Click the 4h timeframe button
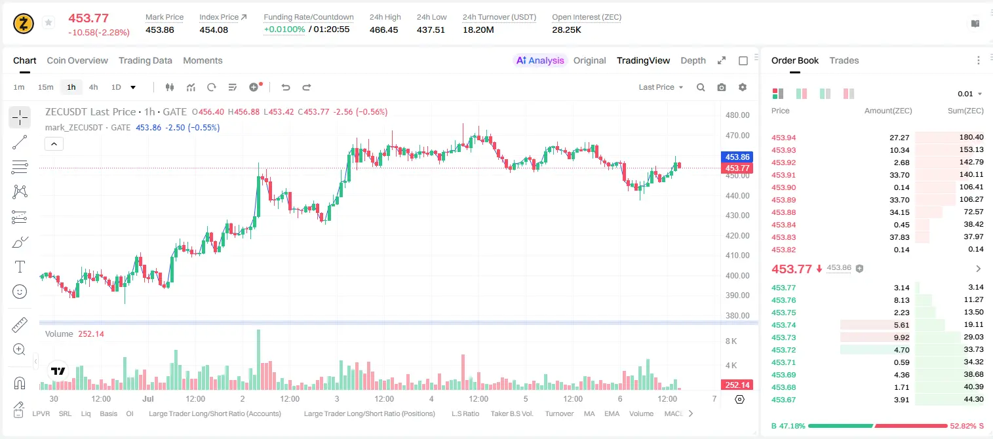(x=93, y=87)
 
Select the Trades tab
(x=844, y=60)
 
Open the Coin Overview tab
(x=77, y=60)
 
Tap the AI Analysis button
(x=540, y=60)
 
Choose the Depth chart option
(x=693, y=60)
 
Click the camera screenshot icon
(x=722, y=87)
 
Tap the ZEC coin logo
(x=24, y=24)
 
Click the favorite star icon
(x=49, y=22)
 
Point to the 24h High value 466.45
(x=384, y=29)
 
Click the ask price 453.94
(x=783, y=138)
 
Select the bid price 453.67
(x=783, y=400)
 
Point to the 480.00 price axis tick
(x=737, y=115)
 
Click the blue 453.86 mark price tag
(x=737, y=157)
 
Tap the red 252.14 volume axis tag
(x=737, y=385)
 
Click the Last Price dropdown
(x=661, y=87)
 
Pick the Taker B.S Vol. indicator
(x=512, y=413)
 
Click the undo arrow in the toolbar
(x=286, y=87)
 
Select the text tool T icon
(x=20, y=267)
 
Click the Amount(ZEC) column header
(x=888, y=111)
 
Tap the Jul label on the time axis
(x=148, y=398)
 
